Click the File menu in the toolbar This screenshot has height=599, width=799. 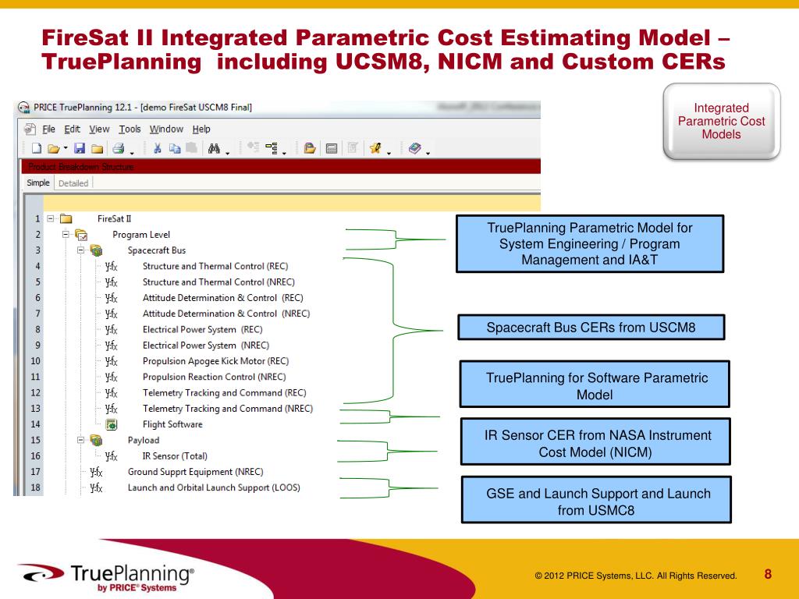[x=48, y=129]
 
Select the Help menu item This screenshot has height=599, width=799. [x=201, y=129]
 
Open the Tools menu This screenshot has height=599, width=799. [x=130, y=129]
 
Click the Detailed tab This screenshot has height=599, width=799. [x=73, y=183]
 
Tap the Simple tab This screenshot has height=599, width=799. [x=38, y=183]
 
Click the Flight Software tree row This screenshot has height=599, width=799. [x=172, y=424]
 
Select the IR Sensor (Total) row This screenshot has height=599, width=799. [x=175, y=455]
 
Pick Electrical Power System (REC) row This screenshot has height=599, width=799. [x=202, y=329]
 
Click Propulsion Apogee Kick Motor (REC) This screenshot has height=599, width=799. [x=215, y=361]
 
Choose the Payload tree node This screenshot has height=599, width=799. [x=143, y=440]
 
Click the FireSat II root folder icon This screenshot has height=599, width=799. [x=66, y=219]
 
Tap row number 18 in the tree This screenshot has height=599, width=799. [x=35, y=488]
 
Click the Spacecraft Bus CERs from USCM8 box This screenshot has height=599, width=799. [x=591, y=327]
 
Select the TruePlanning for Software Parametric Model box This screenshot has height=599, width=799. [x=596, y=386]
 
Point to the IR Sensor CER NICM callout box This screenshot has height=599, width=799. [x=596, y=443]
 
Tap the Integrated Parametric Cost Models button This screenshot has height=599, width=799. [x=721, y=122]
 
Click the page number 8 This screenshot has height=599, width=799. [x=768, y=575]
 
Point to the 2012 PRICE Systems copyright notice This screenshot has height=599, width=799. [x=635, y=576]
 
